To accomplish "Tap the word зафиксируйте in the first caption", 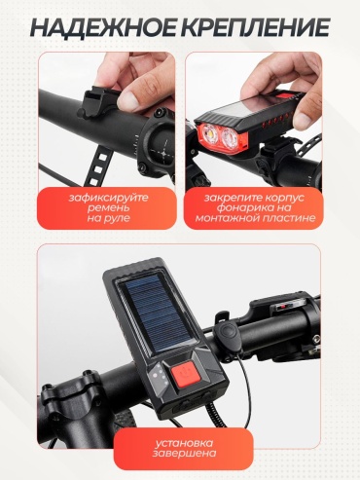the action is point(108,198).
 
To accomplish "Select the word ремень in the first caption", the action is point(108,207).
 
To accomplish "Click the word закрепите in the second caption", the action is point(234,198).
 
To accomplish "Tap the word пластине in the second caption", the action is point(288,217).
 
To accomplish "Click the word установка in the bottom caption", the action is point(184,443).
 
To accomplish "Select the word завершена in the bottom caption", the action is point(184,453).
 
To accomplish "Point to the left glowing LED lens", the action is point(209,132).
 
